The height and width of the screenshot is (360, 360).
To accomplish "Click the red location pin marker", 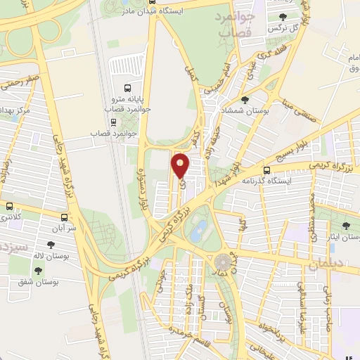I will coord(181,166).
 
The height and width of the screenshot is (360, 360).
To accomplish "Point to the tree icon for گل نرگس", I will coord(283,18).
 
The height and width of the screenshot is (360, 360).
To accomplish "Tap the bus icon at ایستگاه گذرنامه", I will coord(266,169).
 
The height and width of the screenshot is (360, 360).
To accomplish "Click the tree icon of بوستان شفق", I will coord(37,271).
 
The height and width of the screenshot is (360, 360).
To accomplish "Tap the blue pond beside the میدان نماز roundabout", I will coord(200,229).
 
